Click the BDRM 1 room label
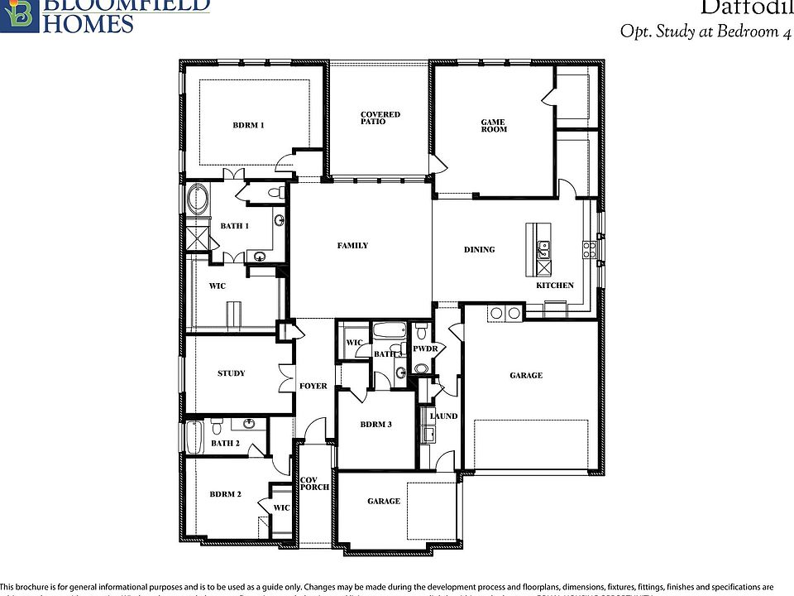point(248,126)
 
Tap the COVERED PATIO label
point(380,118)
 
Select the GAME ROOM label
point(494,126)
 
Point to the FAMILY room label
point(352,246)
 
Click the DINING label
point(479,250)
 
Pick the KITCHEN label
point(554,286)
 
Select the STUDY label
point(231,373)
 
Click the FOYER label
point(313,387)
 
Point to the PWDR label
point(424,349)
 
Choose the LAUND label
point(443,416)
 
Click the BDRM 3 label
point(375,425)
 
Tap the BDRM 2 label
point(225,494)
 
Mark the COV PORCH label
point(314,483)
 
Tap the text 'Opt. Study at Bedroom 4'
point(699,31)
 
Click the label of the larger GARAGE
point(526,376)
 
